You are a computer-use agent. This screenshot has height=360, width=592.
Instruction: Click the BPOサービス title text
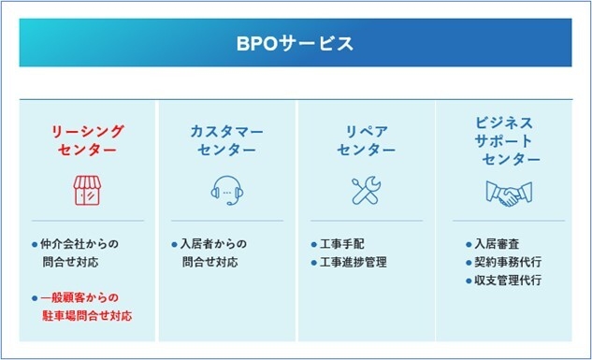coord(295,44)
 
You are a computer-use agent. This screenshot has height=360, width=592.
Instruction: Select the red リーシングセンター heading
coord(86,140)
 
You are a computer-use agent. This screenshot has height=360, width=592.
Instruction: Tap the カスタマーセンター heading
coord(226,140)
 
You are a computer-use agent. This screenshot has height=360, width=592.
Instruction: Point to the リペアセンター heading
coord(367,140)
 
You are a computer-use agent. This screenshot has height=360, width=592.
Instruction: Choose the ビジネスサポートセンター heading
coord(506,140)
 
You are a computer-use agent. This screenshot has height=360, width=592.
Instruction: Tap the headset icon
coord(226,191)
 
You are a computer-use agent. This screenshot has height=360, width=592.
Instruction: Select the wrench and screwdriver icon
coord(366,191)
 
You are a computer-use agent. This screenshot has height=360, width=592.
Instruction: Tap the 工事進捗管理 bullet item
coord(353,262)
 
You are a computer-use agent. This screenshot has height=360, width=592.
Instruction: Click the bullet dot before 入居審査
coord(469,244)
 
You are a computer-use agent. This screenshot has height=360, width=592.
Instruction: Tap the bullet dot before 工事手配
coord(314,244)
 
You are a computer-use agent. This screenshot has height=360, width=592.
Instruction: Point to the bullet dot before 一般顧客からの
coord(35,298)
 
